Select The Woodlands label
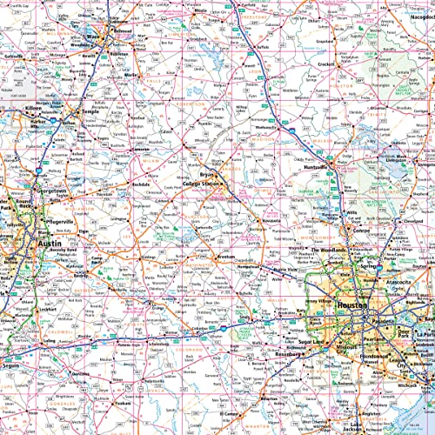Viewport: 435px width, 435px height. coord(329,251)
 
